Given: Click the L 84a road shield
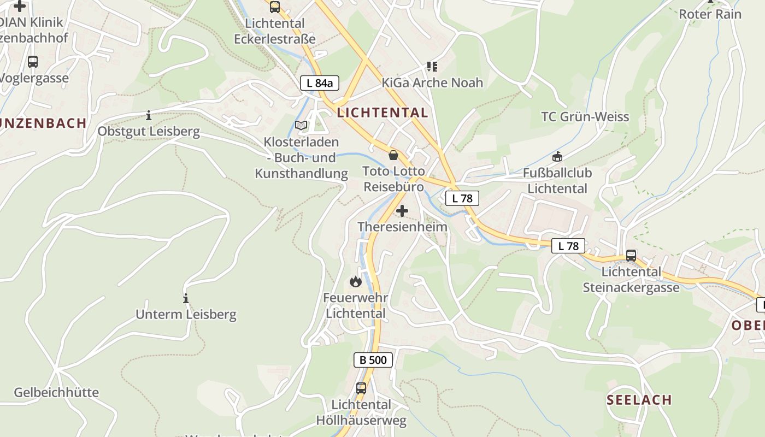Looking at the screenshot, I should tap(320, 83).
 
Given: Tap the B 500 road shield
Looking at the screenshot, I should tap(373, 360).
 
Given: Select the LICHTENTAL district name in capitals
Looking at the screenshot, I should tap(382, 113).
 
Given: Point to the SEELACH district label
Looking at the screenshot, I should tap(639, 400).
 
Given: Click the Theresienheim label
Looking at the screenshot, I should tap(402, 227).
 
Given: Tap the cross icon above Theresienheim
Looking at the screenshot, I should tap(402, 211).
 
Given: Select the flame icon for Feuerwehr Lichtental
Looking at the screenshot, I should tap(356, 282).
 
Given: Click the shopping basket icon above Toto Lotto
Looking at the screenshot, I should tap(393, 156).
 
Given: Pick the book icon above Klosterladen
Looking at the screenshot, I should tap(301, 125).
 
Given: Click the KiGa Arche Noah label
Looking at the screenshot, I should tap(432, 83).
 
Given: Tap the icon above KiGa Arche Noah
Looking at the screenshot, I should tap(432, 67).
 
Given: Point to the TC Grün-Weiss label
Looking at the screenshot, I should tap(585, 117).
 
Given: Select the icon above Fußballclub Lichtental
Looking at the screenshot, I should tap(557, 157).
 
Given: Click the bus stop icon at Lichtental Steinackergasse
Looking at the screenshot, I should tap(631, 255).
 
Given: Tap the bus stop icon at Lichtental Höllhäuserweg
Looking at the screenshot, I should tap(361, 388).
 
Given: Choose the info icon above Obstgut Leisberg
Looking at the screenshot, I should tap(149, 116).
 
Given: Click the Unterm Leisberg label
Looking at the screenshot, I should tap(186, 315).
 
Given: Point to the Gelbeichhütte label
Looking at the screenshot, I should tap(56, 393).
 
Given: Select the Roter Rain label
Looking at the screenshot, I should tap(710, 14).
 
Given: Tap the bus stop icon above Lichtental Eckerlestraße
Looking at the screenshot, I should tap(274, 7).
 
